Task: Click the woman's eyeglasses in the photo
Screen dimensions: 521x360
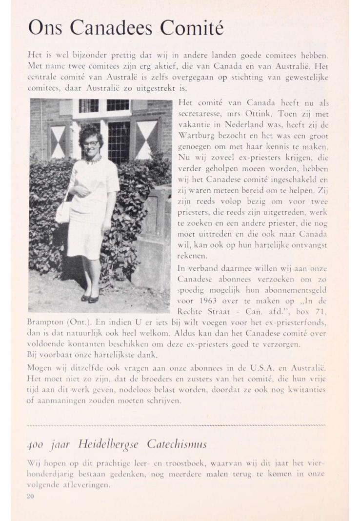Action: pyautogui.click(x=90, y=143)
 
